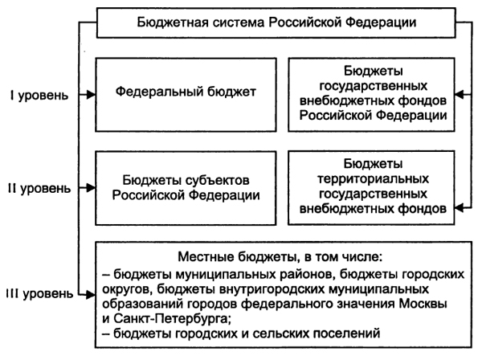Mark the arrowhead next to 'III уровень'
coord(88,294)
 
